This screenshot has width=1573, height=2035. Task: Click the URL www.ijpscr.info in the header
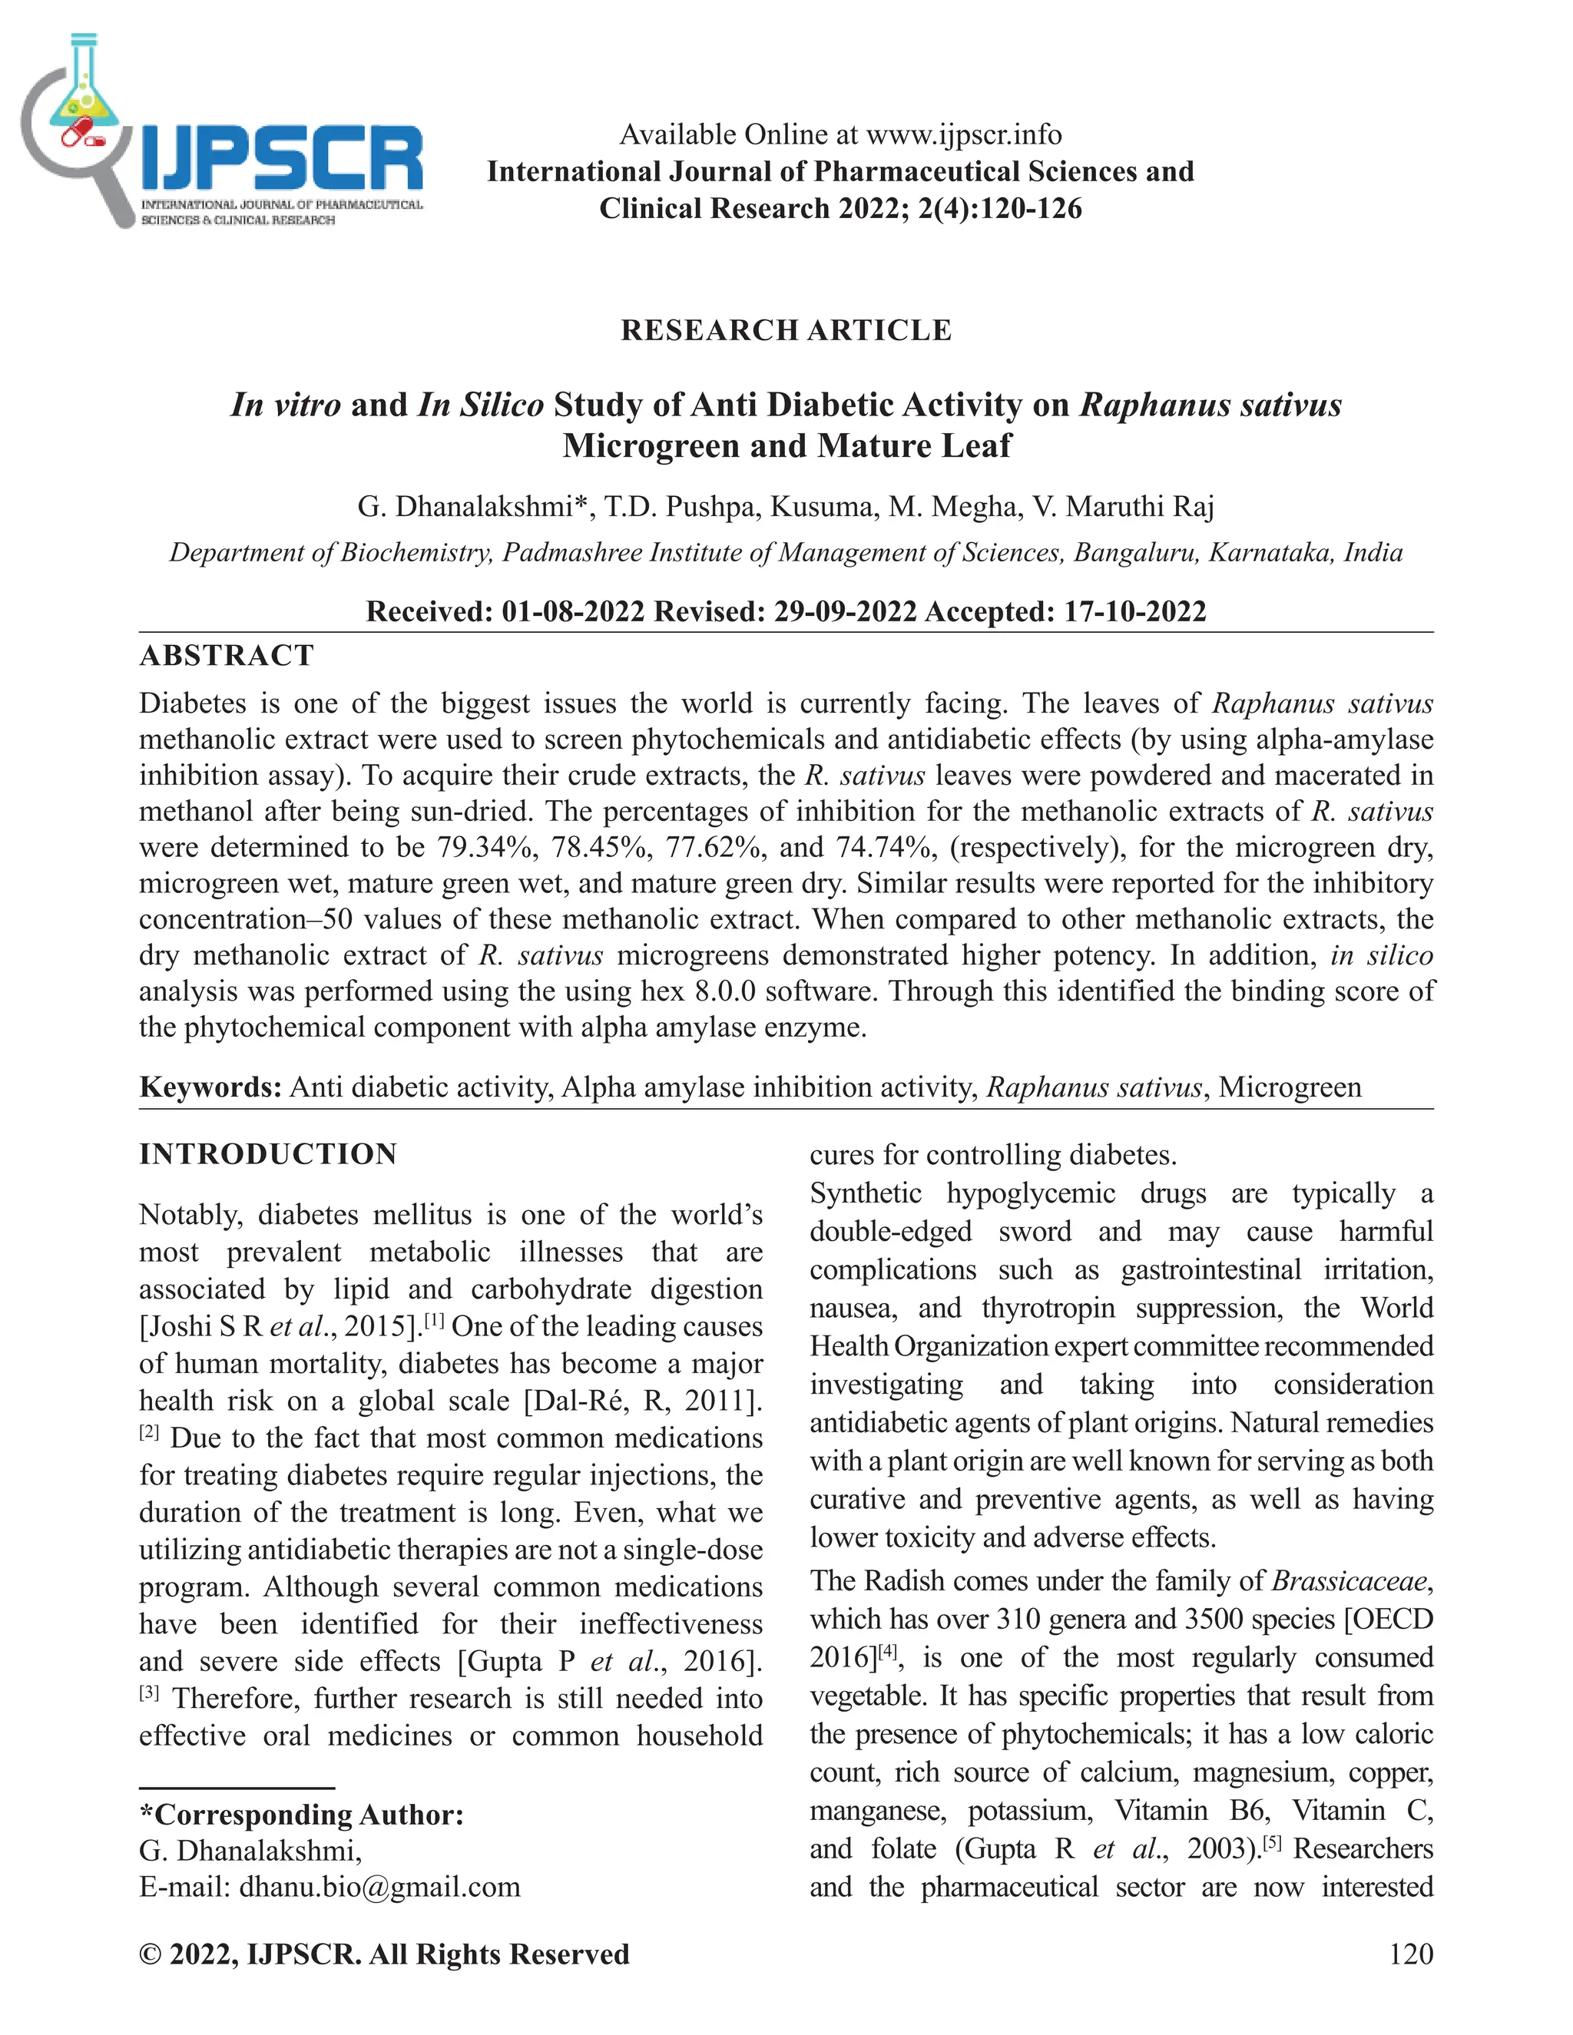pyautogui.click(x=964, y=134)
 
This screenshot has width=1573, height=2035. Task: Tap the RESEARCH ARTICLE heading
pyautogui.click(x=786, y=330)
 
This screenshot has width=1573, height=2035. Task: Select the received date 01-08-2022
pyautogui.click(x=572, y=611)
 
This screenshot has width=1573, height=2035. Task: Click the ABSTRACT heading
pyautogui.click(x=227, y=655)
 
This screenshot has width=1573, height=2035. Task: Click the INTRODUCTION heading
pyautogui.click(x=268, y=1153)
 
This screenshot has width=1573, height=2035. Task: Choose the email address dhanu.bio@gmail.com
pyautogui.click(x=379, y=1887)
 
